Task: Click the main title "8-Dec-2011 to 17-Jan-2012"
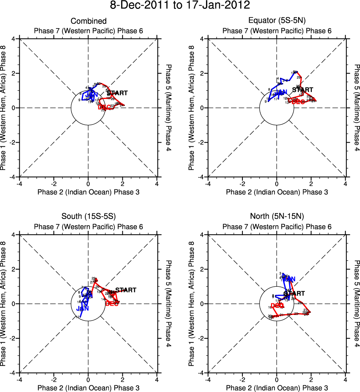point(180,6)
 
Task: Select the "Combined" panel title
point(88,21)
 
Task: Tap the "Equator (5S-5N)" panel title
point(277,21)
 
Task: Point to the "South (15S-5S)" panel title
point(88,217)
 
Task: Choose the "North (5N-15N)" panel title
point(277,217)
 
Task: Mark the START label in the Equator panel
point(303,90)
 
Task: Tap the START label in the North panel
point(294,293)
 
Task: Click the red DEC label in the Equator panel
point(298,102)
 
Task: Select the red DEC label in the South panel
point(112,304)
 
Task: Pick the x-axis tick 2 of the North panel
point(311,379)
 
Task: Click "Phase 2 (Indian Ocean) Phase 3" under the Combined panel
point(88,192)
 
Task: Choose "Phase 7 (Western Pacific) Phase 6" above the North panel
point(277,227)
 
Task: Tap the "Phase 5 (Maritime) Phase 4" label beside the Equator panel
point(357,108)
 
